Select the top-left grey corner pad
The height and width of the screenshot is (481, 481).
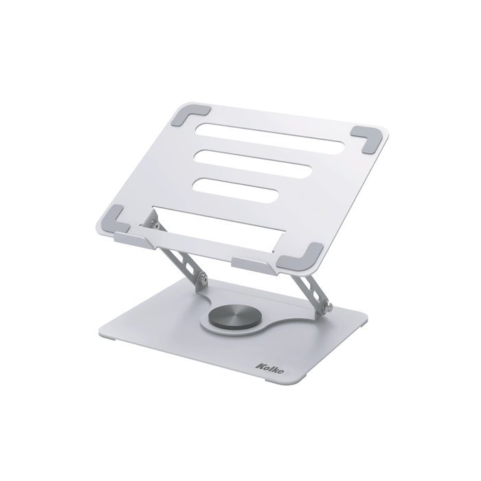[194, 112]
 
